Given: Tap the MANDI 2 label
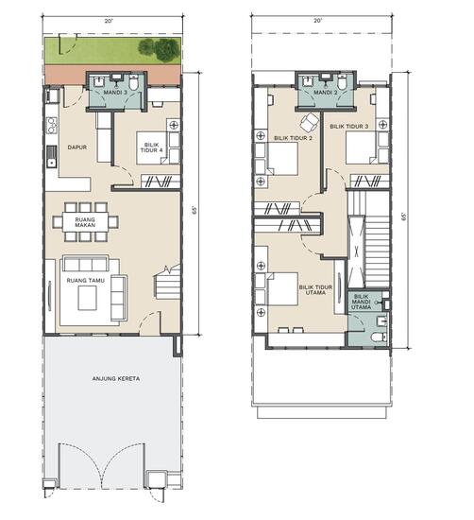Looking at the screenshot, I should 325,93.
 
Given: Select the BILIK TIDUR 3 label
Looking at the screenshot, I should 348,126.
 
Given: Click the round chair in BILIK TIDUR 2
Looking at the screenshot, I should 309,121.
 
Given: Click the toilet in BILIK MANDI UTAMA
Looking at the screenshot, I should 378,336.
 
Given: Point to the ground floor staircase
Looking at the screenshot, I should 166,283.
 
